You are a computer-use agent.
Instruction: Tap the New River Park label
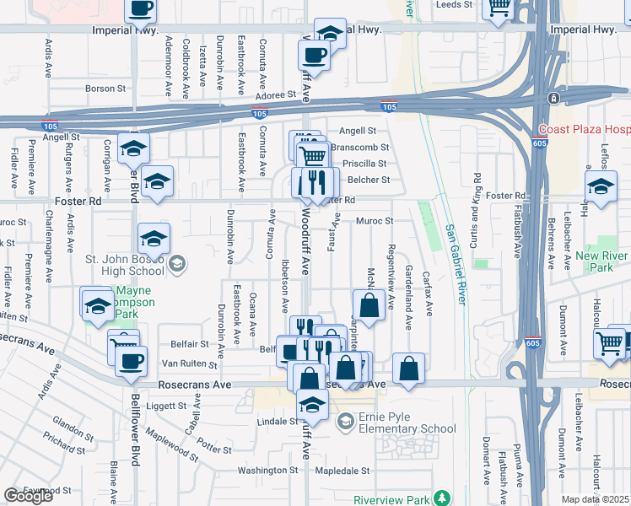pos(602,261)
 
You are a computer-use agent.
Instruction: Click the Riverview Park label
pos(391,498)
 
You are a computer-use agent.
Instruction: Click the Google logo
pos(28,496)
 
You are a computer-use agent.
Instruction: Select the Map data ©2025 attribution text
pos(596,499)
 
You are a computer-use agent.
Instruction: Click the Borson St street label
pos(105,88)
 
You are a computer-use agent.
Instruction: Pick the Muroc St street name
pos(375,222)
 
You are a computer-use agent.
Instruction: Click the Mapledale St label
pos(342,471)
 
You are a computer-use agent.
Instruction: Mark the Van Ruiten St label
pos(190,365)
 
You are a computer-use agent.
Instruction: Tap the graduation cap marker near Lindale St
pos(312,406)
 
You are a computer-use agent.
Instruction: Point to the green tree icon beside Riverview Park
pos(440,498)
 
